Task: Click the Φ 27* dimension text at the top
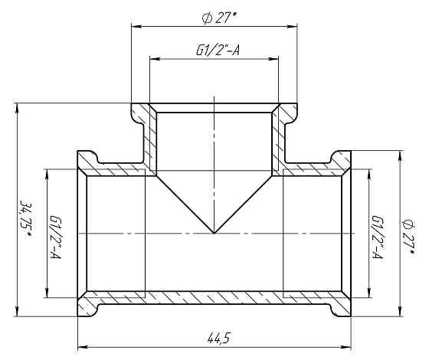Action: [x=219, y=18]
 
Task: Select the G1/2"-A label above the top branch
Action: [x=218, y=51]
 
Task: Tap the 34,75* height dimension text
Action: [x=26, y=220]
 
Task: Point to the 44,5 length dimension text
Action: [x=218, y=339]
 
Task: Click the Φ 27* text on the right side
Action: [x=409, y=237]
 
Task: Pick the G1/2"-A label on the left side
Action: [x=55, y=237]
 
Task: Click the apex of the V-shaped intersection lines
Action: [x=215, y=234]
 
